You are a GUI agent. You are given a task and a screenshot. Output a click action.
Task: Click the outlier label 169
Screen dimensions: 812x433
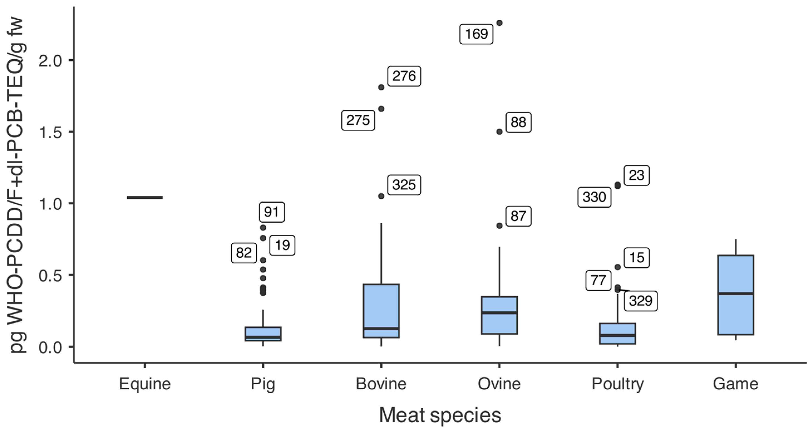point(476,34)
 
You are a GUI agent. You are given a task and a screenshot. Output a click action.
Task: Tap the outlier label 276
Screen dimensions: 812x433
point(404,76)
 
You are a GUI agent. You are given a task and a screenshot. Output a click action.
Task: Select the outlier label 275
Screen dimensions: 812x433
point(358,120)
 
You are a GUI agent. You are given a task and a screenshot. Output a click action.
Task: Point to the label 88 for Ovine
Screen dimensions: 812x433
point(519,122)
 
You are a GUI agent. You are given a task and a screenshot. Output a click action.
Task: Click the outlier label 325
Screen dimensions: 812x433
point(404,185)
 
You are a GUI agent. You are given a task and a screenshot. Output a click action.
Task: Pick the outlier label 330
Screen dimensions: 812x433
point(594,197)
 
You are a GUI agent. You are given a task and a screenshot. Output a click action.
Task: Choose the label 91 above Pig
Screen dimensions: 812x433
point(272,212)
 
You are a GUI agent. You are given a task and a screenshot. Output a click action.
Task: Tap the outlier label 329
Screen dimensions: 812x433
point(641,301)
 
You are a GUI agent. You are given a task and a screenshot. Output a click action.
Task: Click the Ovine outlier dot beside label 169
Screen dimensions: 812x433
point(499,23)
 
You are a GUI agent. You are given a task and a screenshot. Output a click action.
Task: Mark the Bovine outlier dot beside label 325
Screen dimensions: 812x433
point(381,196)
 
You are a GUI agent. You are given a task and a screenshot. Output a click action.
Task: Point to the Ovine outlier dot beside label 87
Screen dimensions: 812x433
point(499,225)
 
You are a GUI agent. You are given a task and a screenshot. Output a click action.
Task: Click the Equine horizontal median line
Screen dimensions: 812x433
point(145,197)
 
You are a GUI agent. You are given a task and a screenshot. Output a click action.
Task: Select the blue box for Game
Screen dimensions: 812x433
point(736,295)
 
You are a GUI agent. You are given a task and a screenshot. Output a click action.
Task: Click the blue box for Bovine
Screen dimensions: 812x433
point(381,311)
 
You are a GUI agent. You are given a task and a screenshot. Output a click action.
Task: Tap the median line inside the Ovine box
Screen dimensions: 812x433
point(499,313)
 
